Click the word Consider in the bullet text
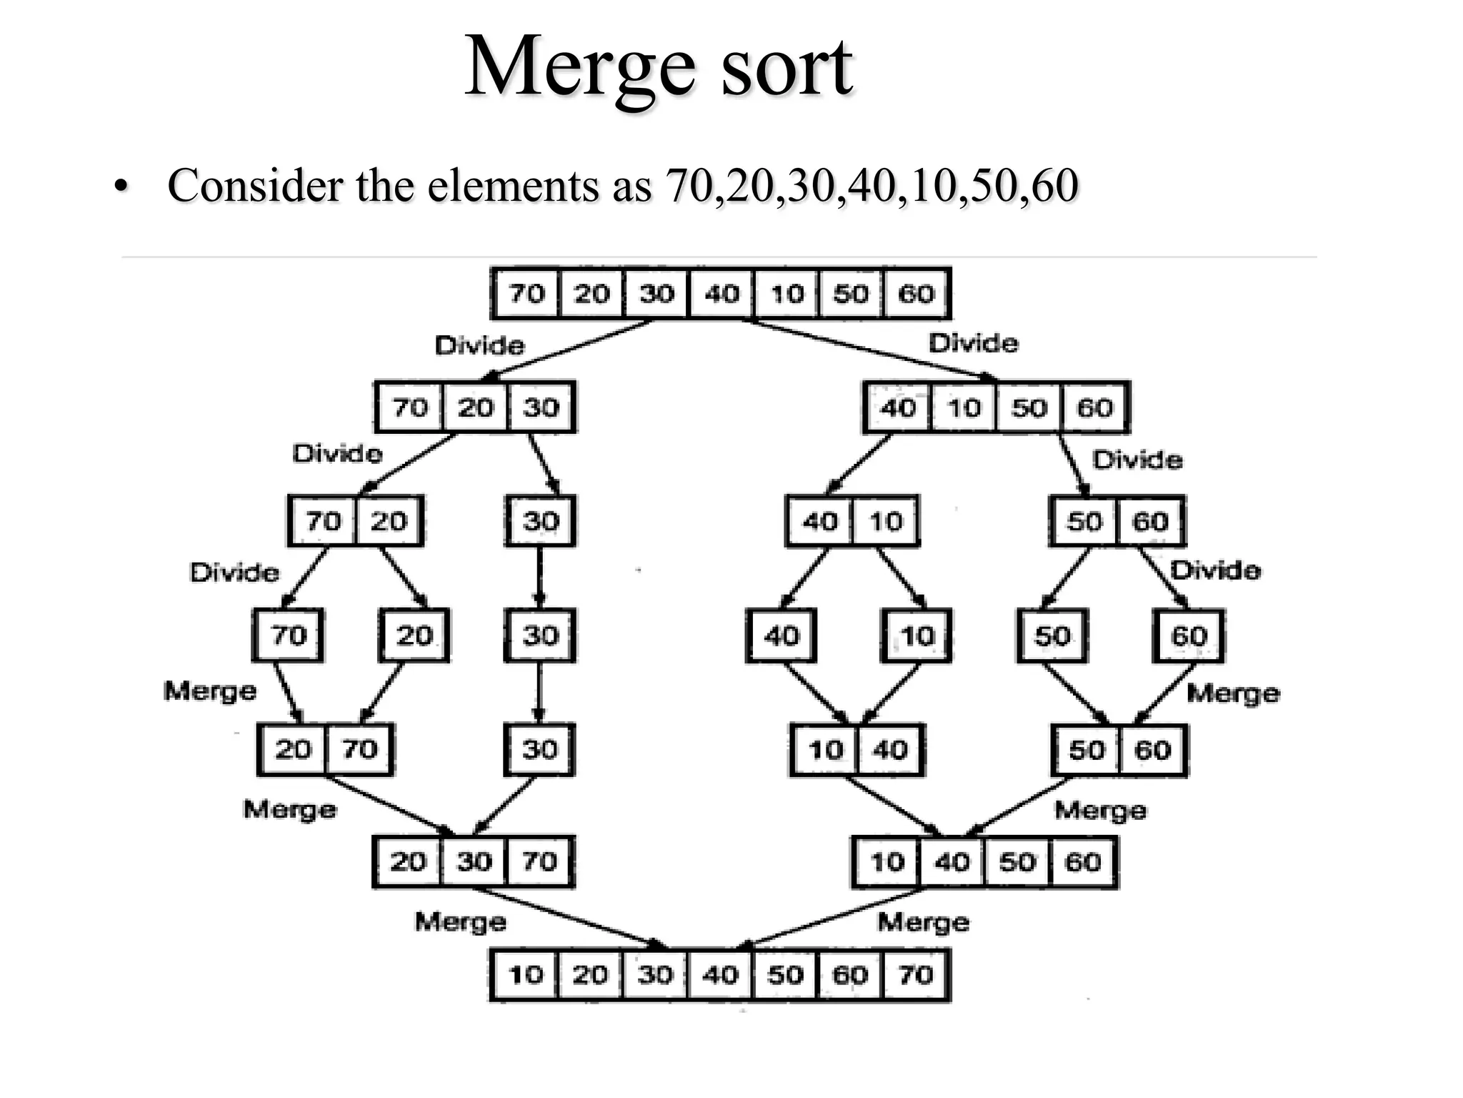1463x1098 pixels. point(255,186)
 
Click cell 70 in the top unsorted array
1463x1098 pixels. point(526,293)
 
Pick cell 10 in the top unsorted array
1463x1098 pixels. point(787,293)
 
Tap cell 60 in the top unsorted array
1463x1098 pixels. point(916,293)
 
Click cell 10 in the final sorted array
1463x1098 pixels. point(525,974)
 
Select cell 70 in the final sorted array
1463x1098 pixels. point(916,974)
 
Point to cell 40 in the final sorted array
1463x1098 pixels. point(720,974)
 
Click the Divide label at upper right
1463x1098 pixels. point(973,344)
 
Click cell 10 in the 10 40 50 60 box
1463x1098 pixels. point(887,862)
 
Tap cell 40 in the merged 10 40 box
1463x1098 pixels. point(890,750)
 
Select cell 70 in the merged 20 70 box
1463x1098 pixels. point(359,749)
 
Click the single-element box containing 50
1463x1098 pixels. point(1052,635)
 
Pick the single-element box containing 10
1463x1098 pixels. point(917,635)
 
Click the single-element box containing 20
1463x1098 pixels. point(414,635)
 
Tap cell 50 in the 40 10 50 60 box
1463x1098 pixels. point(1029,407)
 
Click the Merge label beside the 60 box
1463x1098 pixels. point(1233,693)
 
